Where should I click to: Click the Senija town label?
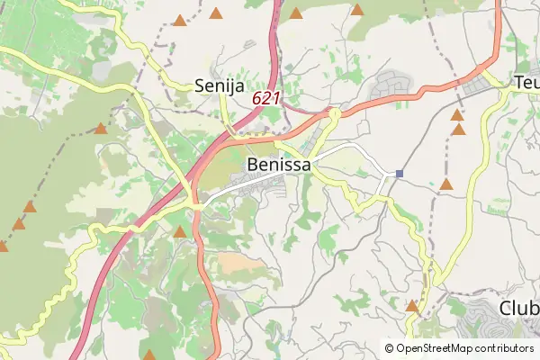[219, 85]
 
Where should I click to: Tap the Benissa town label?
[278, 165]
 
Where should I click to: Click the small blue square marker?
[399, 173]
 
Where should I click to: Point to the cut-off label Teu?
[526, 83]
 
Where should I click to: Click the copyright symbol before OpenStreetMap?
[389, 348]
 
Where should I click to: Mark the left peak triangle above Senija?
[181, 20]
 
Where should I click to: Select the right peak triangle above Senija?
[216, 13]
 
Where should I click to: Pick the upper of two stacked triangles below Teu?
[457, 115]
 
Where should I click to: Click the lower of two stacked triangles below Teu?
[459, 130]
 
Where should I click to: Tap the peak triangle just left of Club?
[411, 306]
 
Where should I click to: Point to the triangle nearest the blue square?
[445, 184]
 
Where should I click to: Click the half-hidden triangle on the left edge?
[3, 246]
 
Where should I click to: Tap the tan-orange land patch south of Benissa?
[236, 264]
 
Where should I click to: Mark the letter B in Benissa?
[253, 165]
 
